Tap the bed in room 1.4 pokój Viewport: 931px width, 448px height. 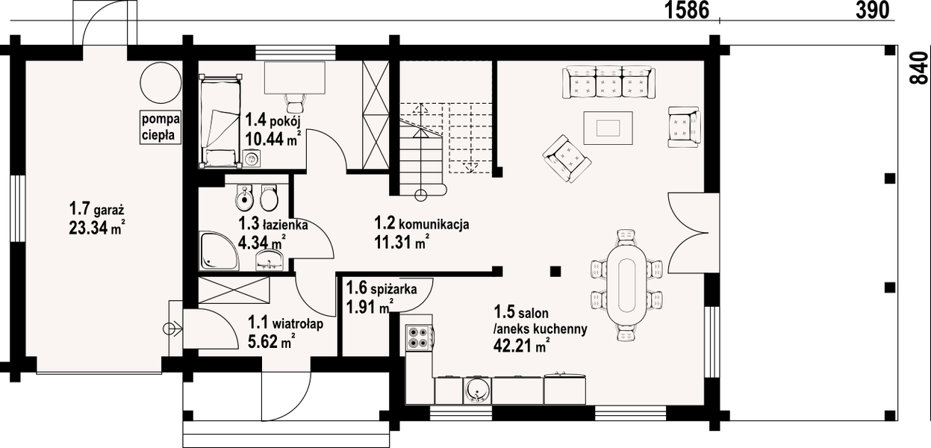220,119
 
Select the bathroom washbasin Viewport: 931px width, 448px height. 269,258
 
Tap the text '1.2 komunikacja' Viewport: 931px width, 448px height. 421,224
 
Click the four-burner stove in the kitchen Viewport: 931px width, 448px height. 418,339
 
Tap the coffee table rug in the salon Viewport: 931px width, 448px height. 608,128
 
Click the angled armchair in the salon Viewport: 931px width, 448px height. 567,158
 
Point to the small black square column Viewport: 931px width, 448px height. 555,271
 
